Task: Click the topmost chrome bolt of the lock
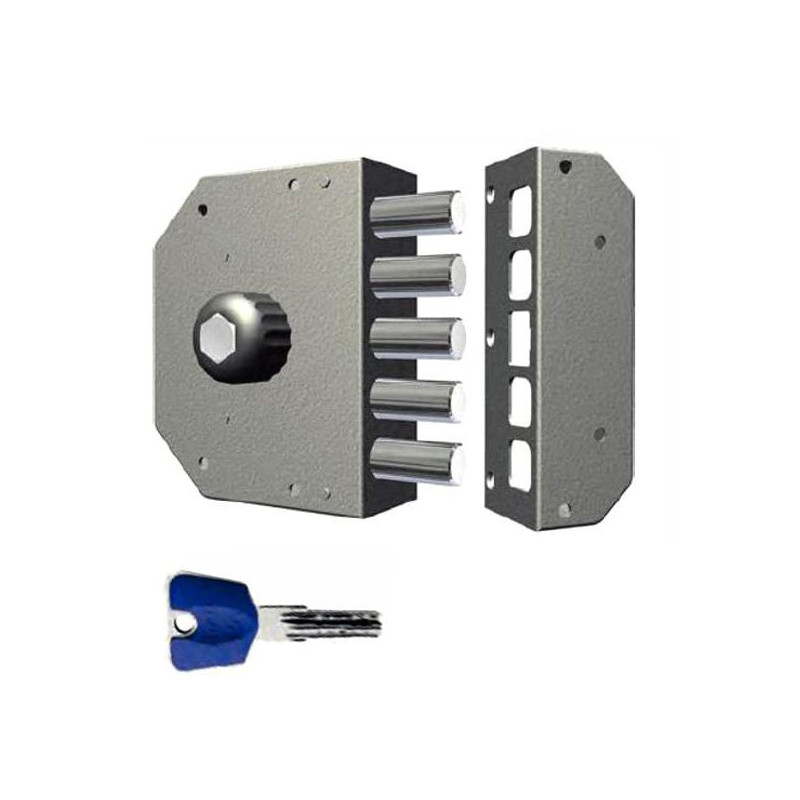tap(415, 214)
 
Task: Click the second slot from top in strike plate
tap(519, 273)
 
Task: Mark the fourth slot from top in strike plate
tap(519, 398)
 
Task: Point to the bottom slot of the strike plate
tap(519, 461)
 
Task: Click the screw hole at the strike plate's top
tap(565, 166)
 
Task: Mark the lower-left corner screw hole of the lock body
tap(203, 463)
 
